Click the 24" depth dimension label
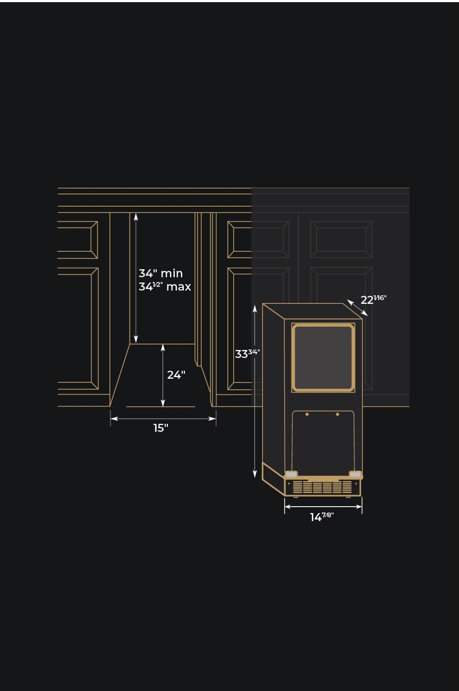point(176,375)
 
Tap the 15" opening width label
point(160,428)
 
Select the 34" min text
point(160,274)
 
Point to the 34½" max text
point(165,287)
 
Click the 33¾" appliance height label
point(248,354)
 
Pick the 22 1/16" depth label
point(373,300)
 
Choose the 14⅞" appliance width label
point(322,517)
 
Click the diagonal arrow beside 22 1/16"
point(357,308)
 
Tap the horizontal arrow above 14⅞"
point(323,506)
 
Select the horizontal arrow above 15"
point(163,419)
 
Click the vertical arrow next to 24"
point(163,375)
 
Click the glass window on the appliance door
point(323,357)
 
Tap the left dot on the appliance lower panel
point(307,414)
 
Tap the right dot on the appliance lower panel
point(337,414)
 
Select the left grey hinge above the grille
point(291,474)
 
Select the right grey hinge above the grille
point(355,474)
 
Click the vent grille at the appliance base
point(322,487)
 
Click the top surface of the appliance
point(312,311)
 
